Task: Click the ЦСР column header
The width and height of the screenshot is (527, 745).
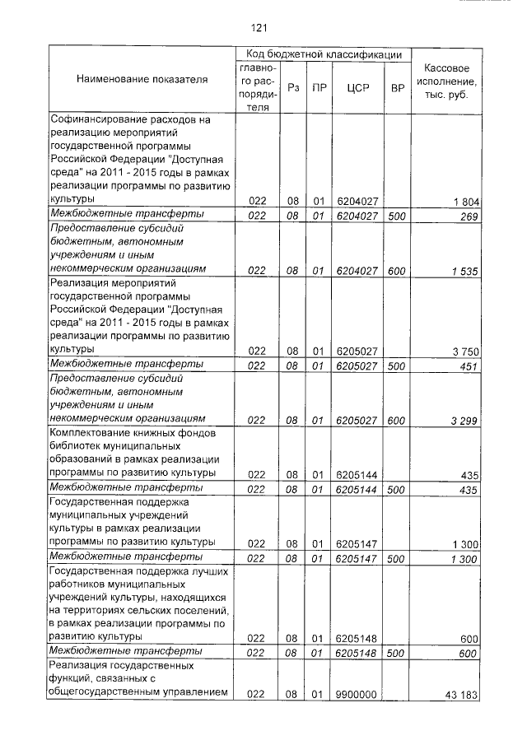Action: [x=357, y=87]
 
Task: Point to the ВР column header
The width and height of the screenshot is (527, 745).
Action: [x=397, y=87]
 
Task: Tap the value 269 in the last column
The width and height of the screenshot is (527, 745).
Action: [x=471, y=217]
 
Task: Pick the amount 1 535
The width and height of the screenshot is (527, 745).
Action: [x=466, y=270]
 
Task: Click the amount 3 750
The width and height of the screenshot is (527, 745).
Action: [x=466, y=352]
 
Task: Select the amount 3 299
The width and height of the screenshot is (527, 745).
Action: [x=466, y=421]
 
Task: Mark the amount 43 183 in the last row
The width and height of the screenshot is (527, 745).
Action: [x=463, y=696]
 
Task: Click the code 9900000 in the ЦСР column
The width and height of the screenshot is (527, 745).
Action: [x=357, y=695]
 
